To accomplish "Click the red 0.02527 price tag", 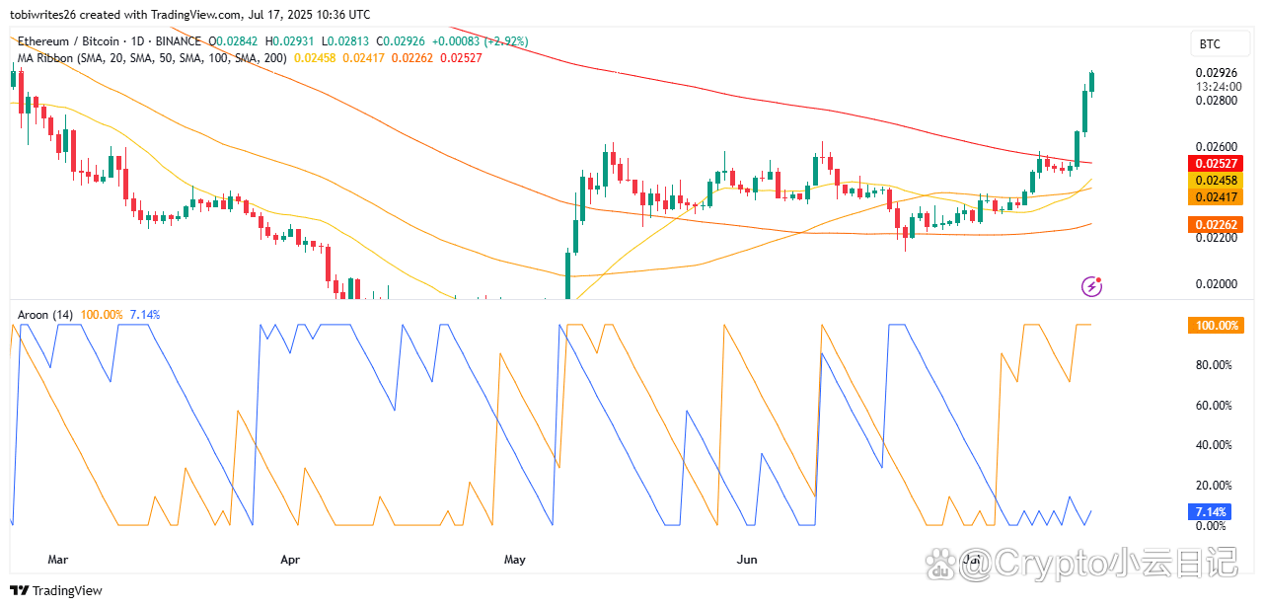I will pos(1215,163).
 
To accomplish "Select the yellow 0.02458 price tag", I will pos(1215,181).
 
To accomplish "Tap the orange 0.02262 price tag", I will pos(1215,225).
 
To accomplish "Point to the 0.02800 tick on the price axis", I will pos(1216,101).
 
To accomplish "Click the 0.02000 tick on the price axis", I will pos(1216,284).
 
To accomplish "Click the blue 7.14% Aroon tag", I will pos(1210,512).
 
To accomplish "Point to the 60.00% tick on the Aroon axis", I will pos(1213,405).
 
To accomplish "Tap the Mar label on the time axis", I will pos(58,560).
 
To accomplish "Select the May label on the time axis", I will pos(515,560).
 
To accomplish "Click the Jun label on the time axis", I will pos(747,560).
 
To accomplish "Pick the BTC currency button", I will pos(1210,44).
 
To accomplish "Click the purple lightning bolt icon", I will pos(1092,286).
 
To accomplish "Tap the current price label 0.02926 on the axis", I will pos(1216,73).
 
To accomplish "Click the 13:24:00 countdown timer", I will pos(1216,86).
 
